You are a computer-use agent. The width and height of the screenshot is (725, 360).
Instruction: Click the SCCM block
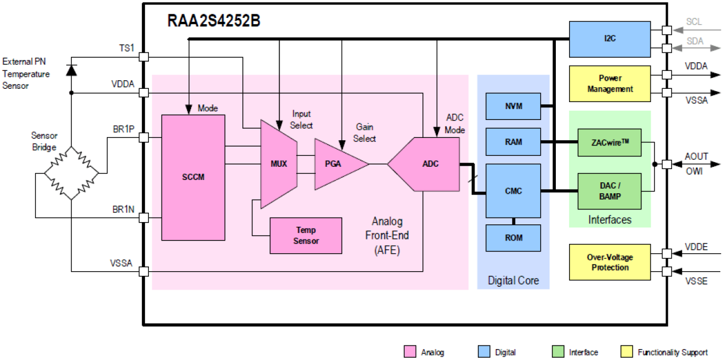pos(193,177)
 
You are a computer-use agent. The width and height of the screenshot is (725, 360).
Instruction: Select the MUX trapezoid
pos(278,164)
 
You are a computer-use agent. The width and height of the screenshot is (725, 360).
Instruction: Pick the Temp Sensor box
pos(305,235)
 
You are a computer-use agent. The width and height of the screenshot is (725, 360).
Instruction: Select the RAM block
pos(513,142)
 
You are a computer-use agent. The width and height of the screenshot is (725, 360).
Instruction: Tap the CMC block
pos(513,190)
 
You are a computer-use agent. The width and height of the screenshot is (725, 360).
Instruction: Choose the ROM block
pos(513,238)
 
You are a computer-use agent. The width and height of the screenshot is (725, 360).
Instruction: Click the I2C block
pos(609,39)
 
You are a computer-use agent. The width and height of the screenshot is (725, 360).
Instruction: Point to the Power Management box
pos(609,84)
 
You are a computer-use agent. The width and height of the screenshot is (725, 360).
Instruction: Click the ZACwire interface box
pos(609,142)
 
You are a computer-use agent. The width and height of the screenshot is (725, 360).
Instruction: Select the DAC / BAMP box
pos(609,191)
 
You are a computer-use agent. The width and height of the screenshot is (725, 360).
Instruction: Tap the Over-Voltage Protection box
pos(609,262)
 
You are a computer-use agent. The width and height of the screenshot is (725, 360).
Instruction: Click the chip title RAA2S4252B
pos(214,21)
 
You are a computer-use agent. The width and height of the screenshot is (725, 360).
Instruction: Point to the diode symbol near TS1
pos(71,70)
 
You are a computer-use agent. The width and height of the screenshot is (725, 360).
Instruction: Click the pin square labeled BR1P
pos(144,137)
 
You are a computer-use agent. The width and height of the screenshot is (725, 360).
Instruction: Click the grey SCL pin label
pos(694,21)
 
